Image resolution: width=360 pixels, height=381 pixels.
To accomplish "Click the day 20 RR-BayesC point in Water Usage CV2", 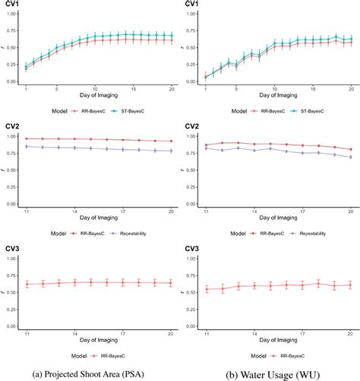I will pyautogui.click(x=350, y=150).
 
